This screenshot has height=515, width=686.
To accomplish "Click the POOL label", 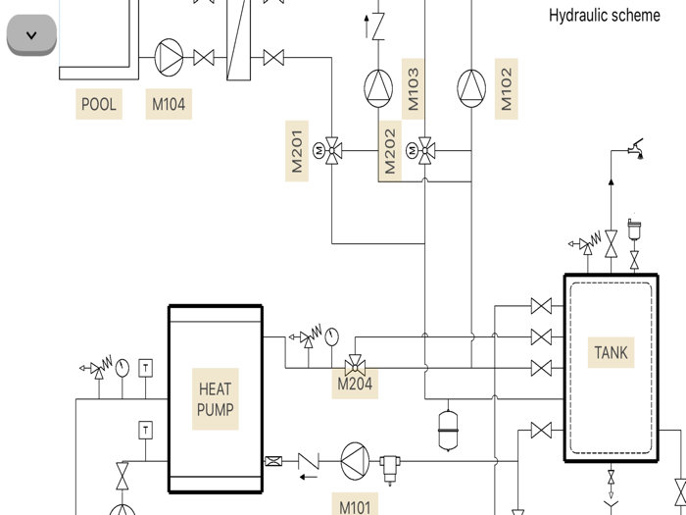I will [98, 104].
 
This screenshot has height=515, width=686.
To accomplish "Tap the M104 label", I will [169, 104].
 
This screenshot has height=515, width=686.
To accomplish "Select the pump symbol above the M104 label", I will [170, 58].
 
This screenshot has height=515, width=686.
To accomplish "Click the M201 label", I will [296, 150].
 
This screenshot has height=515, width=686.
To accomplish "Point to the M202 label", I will [390, 152].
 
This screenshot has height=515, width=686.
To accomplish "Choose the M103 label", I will [413, 88].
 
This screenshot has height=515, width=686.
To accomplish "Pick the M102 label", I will [506, 88].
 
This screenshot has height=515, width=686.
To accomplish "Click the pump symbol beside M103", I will [378, 88].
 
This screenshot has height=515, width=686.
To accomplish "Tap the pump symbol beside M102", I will [471, 88].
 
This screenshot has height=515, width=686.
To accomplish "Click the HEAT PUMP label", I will [216, 399].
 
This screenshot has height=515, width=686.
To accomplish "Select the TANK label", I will [612, 352].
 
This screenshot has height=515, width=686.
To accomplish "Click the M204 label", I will [355, 385].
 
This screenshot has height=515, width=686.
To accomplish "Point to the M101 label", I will [355, 506].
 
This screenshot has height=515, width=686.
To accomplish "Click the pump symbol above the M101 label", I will [356, 460].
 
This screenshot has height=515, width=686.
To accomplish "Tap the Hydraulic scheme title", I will [604, 16].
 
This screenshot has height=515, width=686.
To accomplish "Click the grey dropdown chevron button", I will [31, 35].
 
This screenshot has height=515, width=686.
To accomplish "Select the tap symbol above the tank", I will [636, 149].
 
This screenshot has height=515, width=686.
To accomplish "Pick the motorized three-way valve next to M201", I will [333, 151].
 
